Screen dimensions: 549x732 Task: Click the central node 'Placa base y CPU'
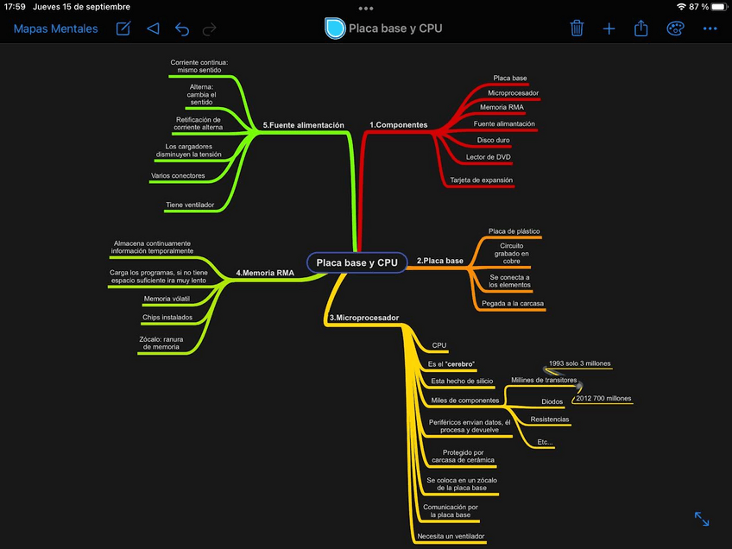click(x=357, y=262)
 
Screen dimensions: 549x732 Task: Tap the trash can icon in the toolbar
click(x=577, y=28)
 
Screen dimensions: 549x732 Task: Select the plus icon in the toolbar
click(x=609, y=28)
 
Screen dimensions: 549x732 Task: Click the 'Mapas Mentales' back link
click(x=56, y=28)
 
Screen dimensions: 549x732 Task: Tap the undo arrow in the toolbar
click(x=182, y=28)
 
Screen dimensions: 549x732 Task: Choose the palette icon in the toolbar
click(x=675, y=28)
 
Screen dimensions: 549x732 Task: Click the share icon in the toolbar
click(x=641, y=28)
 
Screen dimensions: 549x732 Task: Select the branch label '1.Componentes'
click(x=398, y=125)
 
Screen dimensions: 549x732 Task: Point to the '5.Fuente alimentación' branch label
click(x=303, y=125)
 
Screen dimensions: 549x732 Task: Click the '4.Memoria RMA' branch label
click(x=265, y=274)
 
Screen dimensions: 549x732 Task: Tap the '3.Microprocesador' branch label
click(x=364, y=318)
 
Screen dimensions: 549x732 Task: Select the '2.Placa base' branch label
click(x=440, y=261)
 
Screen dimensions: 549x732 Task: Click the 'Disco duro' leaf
click(x=494, y=140)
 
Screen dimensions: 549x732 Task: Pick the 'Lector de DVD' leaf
click(x=489, y=157)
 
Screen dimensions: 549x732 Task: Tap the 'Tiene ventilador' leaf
click(x=190, y=205)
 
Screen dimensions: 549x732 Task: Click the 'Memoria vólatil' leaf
click(x=167, y=299)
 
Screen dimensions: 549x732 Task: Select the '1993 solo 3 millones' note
click(x=580, y=363)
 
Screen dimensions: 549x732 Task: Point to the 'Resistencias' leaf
click(x=550, y=420)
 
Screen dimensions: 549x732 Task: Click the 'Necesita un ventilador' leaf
click(x=451, y=536)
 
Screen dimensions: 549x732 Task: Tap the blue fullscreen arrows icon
click(x=702, y=519)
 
